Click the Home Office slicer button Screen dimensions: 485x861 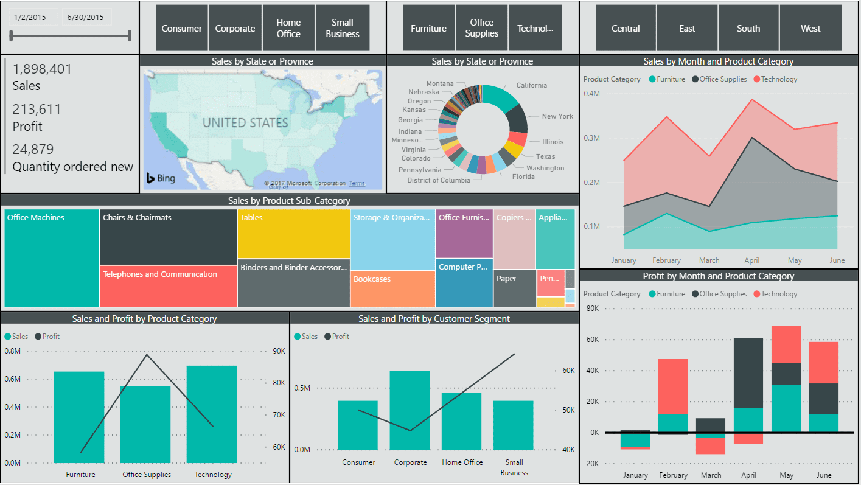pyautogui.click(x=288, y=28)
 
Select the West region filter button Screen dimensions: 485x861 pyautogui.click(x=810, y=28)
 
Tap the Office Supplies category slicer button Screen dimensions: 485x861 pyautogui.click(x=481, y=28)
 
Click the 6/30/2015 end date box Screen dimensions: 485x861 pyautogui.click(x=85, y=18)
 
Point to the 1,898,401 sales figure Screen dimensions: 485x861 pyautogui.click(x=42, y=69)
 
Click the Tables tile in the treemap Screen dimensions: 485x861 pyautogui.click(x=293, y=234)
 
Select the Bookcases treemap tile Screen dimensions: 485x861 pyautogui.click(x=392, y=288)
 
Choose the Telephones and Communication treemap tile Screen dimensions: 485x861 pyautogui.click(x=168, y=286)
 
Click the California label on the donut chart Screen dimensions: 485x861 pyautogui.click(x=531, y=85)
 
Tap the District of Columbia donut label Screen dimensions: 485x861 pyautogui.click(x=439, y=180)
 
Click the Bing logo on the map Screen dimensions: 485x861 pyautogui.click(x=161, y=178)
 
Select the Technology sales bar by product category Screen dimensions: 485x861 pyautogui.click(x=212, y=414)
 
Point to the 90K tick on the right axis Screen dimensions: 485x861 pyautogui.click(x=279, y=351)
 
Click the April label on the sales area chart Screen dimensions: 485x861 pyautogui.click(x=752, y=260)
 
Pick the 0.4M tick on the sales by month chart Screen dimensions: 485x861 pyautogui.click(x=592, y=94)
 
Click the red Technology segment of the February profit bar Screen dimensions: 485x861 pyautogui.click(x=673, y=386)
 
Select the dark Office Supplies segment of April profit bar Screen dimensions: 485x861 pyautogui.click(x=748, y=372)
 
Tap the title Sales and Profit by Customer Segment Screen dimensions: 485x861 pyautogui.click(x=434, y=319)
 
